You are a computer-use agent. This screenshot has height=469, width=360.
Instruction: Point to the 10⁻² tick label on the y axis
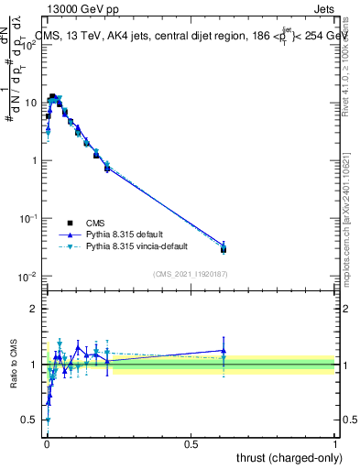pos(29,277)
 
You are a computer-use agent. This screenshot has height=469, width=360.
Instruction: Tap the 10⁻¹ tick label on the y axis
pos(29,219)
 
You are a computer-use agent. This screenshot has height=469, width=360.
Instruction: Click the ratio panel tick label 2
pos(36,309)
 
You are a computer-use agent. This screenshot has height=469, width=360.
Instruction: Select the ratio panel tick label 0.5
pos(33,420)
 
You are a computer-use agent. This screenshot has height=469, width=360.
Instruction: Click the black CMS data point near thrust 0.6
pos(224,249)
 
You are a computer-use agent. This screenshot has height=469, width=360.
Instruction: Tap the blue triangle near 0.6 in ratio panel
pos(224,350)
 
